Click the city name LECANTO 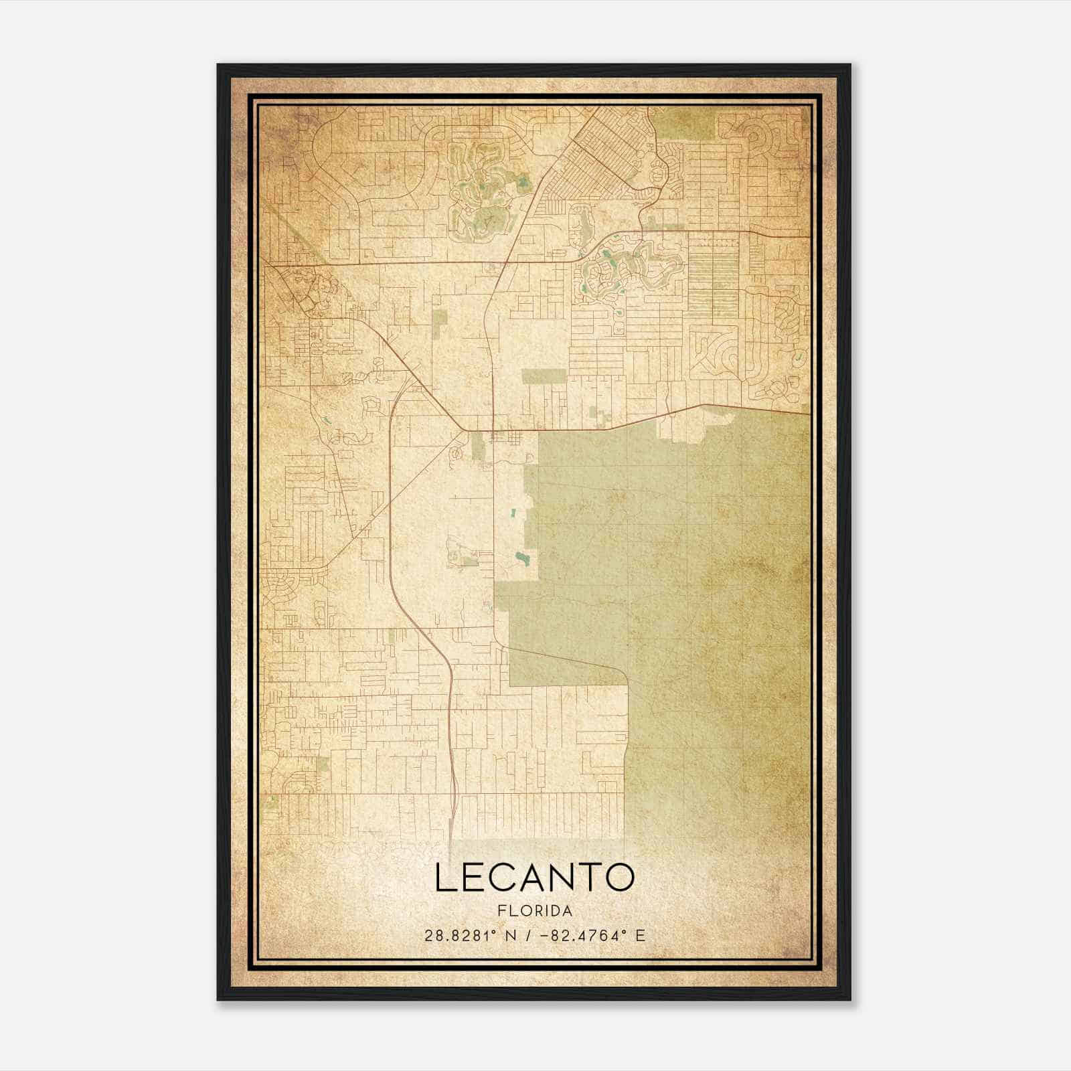pyautogui.click(x=534, y=878)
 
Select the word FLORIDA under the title pyautogui.click(x=534, y=911)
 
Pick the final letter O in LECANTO pyautogui.click(x=619, y=878)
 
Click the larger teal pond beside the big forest pyautogui.click(x=521, y=557)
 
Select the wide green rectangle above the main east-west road pyautogui.click(x=544, y=376)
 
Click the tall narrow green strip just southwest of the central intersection pyautogui.click(x=477, y=446)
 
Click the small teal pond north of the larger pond pyautogui.click(x=514, y=513)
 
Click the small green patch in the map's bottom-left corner pyautogui.click(x=271, y=800)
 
